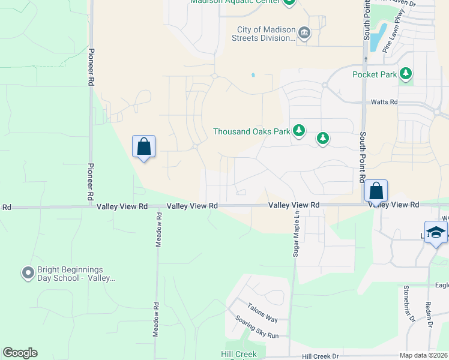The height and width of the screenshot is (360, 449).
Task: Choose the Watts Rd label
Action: [384, 103]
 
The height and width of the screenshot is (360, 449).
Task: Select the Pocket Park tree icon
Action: [406, 74]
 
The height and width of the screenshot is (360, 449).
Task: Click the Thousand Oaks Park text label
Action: [252, 131]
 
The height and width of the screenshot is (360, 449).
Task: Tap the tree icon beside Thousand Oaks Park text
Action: [299, 131]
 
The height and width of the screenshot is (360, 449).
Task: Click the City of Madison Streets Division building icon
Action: [304, 33]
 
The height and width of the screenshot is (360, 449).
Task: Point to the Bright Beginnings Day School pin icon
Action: [27, 274]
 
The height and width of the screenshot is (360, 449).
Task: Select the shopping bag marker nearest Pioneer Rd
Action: [143, 146]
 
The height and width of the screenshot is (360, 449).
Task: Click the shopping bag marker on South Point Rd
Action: [376, 191]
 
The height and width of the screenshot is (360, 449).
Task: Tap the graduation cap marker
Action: [436, 233]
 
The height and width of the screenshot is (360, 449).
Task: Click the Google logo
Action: [20, 353]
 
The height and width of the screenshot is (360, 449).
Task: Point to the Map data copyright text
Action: [423, 355]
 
